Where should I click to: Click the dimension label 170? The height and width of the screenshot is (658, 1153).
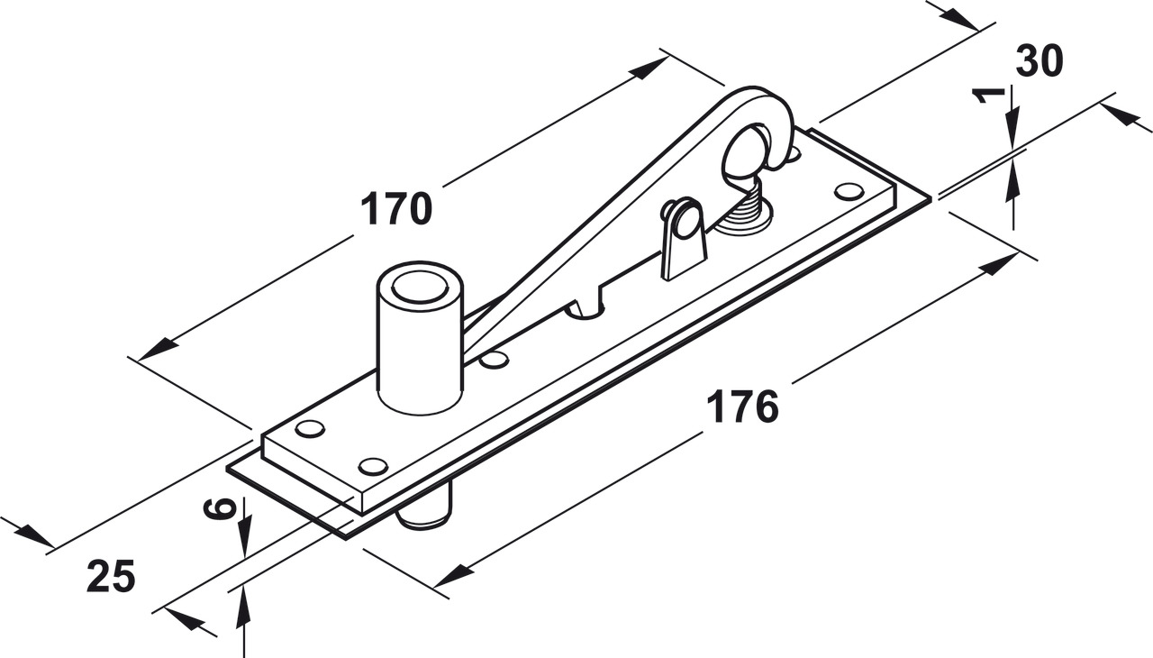pos(396,208)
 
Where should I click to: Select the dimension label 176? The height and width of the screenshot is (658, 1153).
pos(742,407)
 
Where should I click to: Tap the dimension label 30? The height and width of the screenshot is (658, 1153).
pos(1040,60)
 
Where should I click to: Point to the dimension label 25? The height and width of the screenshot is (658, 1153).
pos(111,576)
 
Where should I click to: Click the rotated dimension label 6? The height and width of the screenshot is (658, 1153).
pos(220,508)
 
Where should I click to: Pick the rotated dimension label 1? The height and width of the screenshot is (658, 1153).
pos(988,96)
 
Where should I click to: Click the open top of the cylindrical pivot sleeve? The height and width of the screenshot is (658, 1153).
pos(420,287)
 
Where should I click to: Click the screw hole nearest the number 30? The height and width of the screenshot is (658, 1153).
pos(849,191)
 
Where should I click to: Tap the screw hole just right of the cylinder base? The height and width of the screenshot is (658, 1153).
pos(494,360)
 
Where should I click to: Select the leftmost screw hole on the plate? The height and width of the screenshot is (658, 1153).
pos(311,429)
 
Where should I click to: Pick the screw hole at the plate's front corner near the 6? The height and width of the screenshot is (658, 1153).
pos(373,467)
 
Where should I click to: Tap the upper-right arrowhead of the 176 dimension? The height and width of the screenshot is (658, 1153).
pos(999,263)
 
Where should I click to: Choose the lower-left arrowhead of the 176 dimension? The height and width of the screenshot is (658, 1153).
pos(454,576)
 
